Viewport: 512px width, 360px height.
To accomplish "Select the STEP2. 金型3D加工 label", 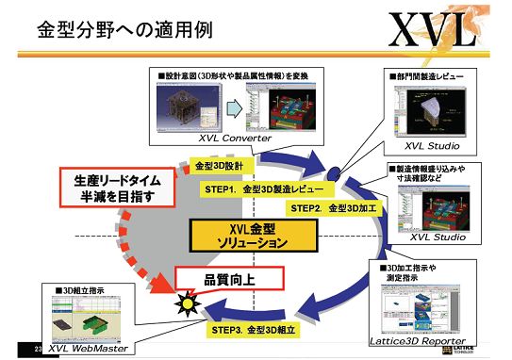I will [x=332, y=206].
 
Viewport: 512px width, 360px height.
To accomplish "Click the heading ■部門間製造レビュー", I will [x=424, y=74].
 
